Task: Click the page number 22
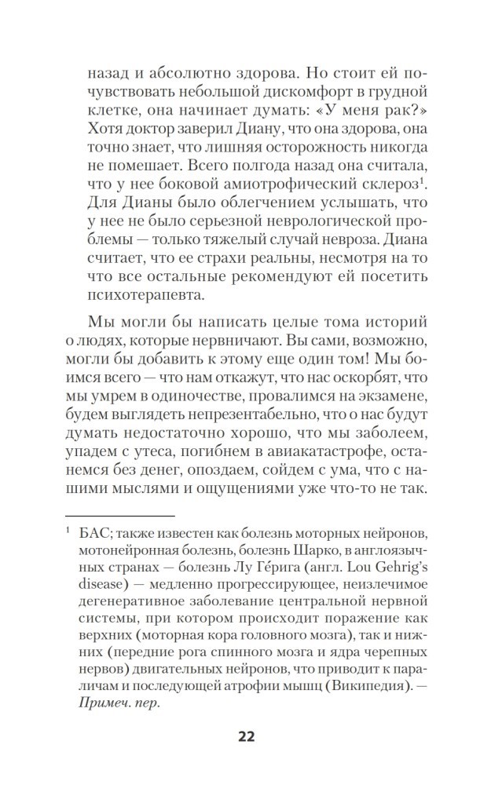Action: point(246,736)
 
